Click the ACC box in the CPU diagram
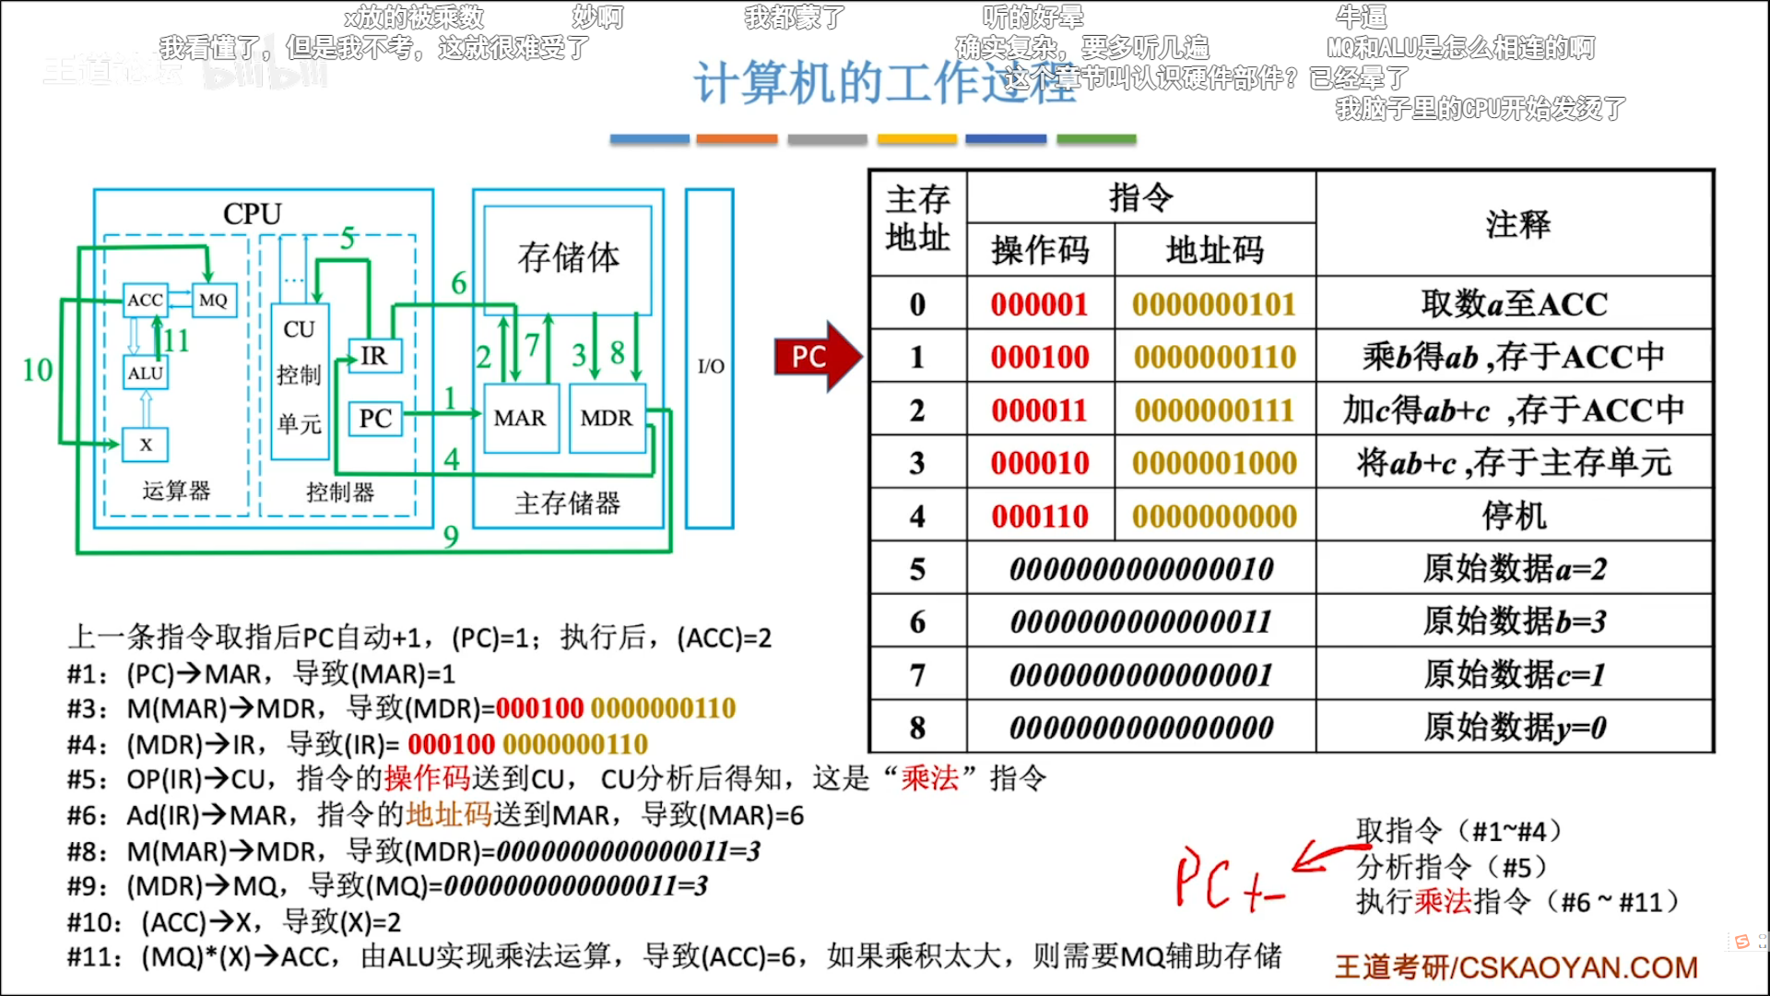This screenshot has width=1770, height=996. click(145, 300)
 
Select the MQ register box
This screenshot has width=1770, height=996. click(213, 300)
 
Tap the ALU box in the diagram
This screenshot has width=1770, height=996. click(145, 373)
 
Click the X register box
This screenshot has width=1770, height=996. click(145, 445)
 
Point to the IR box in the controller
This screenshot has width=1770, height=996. click(374, 355)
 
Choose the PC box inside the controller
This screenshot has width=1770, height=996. click(375, 419)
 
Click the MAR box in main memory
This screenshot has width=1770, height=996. click(520, 419)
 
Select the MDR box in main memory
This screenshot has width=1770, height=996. click(607, 419)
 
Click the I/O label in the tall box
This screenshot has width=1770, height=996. click(710, 366)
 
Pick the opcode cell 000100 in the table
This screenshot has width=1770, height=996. click(1040, 357)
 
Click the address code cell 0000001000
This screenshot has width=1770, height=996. click(1214, 463)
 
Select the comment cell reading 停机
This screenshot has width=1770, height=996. click(1514, 516)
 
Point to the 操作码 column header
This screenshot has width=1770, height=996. click(1040, 250)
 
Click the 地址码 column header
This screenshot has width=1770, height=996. click(1214, 250)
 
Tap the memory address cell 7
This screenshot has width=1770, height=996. click(917, 675)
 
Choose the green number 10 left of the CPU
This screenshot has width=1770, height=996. click(38, 370)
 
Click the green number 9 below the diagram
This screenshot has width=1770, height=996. click(451, 536)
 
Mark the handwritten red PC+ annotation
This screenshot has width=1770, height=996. click(1226, 881)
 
